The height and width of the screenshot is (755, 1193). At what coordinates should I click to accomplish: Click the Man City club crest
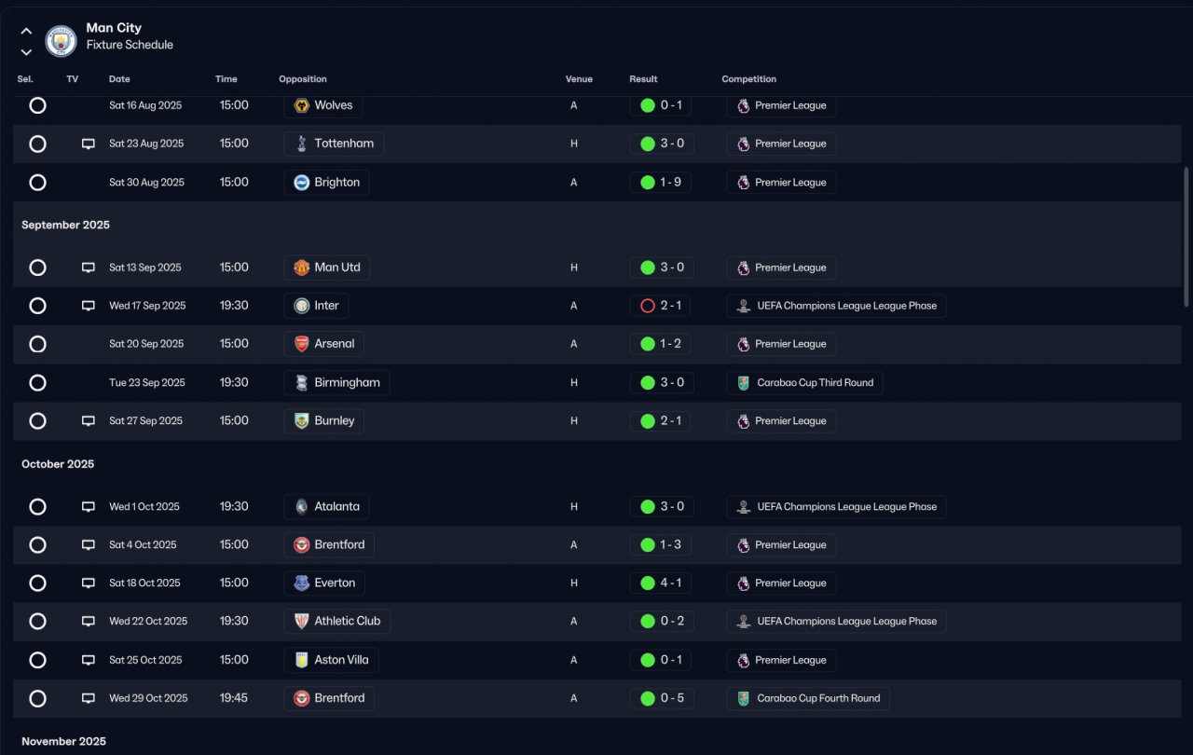(x=61, y=41)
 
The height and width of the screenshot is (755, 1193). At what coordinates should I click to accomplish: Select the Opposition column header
(x=303, y=79)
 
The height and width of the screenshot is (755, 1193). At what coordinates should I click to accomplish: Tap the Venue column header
(x=579, y=79)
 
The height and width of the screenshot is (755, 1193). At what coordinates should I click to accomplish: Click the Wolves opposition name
(x=334, y=105)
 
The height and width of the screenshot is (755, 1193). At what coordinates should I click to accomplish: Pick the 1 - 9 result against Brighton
(x=670, y=182)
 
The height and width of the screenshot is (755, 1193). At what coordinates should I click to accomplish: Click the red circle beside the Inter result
(x=647, y=306)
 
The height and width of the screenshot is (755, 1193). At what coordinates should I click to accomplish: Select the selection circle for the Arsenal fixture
(x=37, y=344)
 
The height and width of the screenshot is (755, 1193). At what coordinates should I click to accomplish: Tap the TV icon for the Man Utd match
(x=89, y=268)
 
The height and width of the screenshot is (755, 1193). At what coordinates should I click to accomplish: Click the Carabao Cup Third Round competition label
(x=815, y=382)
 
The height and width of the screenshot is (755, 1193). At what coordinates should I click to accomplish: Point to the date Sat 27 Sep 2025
(x=145, y=420)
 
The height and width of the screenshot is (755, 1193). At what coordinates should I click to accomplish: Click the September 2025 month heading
(x=65, y=225)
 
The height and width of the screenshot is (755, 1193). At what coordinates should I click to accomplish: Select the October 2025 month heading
(x=58, y=464)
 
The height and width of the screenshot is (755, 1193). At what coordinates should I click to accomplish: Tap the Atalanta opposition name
(x=336, y=506)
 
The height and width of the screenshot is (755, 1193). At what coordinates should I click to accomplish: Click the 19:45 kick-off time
(x=234, y=698)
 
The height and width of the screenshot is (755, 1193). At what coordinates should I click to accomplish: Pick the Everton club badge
(x=301, y=583)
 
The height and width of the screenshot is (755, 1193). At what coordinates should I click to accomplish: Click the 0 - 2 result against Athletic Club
(x=672, y=621)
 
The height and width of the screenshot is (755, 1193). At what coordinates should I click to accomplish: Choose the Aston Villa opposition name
(x=341, y=660)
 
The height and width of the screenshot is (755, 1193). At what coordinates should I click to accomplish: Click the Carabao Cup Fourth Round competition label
(x=818, y=698)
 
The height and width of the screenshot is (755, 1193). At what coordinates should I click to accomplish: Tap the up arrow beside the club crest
(x=26, y=31)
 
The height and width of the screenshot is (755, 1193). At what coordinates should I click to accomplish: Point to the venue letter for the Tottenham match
(x=573, y=144)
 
